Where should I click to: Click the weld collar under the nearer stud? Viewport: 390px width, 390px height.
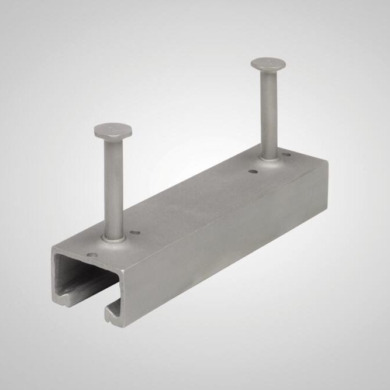pos(113,237)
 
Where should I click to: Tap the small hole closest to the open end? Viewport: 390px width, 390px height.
pos(91,255)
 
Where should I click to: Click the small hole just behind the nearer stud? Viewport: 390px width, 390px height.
pos(136,233)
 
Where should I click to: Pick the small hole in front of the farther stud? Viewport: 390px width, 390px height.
pos(252,172)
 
